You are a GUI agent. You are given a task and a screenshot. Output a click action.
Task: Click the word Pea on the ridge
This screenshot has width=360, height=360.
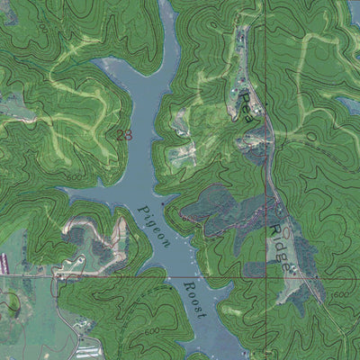click(245, 103)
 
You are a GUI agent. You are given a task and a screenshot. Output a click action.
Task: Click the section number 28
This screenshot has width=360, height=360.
click(124, 135)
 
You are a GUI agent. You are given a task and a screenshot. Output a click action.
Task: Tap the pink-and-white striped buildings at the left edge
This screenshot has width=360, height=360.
click(4, 262)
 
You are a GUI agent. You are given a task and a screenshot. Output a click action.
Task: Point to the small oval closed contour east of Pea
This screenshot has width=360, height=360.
click(311, 136)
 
